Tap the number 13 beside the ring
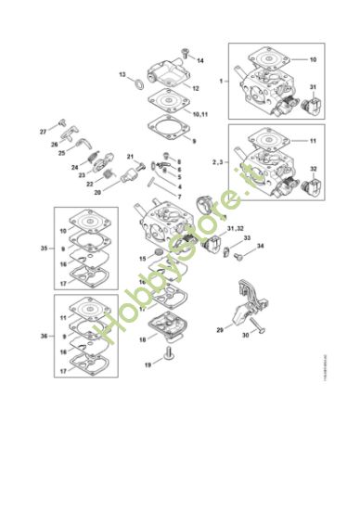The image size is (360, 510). tap(122, 73)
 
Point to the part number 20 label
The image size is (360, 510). tap(96, 192)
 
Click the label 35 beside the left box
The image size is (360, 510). tap(44, 249)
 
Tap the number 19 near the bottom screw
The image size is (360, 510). tap(147, 365)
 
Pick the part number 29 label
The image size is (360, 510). tap(220, 328)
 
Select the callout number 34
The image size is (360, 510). tap(261, 246)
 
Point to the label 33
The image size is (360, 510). tap(248, 238)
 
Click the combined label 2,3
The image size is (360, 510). tap(216, 162)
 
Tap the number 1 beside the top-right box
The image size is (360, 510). tap(221, 82)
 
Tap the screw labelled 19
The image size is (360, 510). tap(170, 354)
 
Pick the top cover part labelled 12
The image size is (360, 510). tap(167, 79)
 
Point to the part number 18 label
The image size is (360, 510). tap(142, 339)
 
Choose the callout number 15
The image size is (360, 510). tap(143, 257)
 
